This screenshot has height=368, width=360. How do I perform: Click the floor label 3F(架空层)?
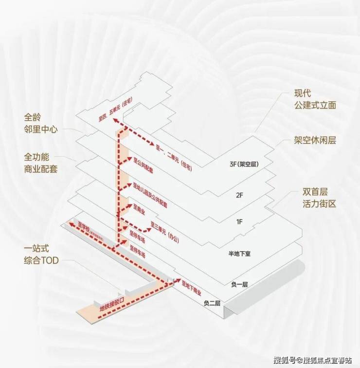244,165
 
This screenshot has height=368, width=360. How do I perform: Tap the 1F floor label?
239,222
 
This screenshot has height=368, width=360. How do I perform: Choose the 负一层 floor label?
239,284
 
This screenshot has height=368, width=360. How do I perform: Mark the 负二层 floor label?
212,303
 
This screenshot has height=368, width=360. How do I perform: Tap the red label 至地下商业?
191,289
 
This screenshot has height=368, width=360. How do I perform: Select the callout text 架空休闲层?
315,140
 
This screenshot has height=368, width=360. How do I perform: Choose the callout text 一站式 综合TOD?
41,254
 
